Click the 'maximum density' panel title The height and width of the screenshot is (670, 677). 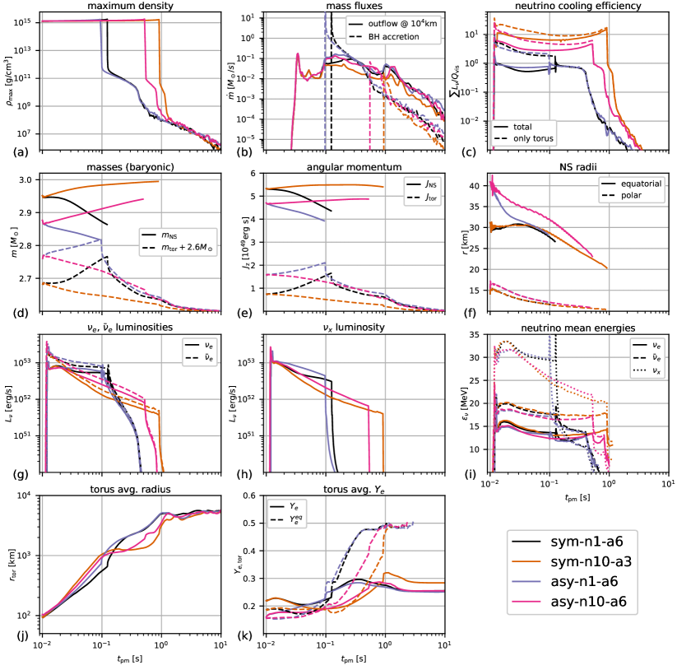click(131, 6)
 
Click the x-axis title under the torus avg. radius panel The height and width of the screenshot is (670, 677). click(131, 661)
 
